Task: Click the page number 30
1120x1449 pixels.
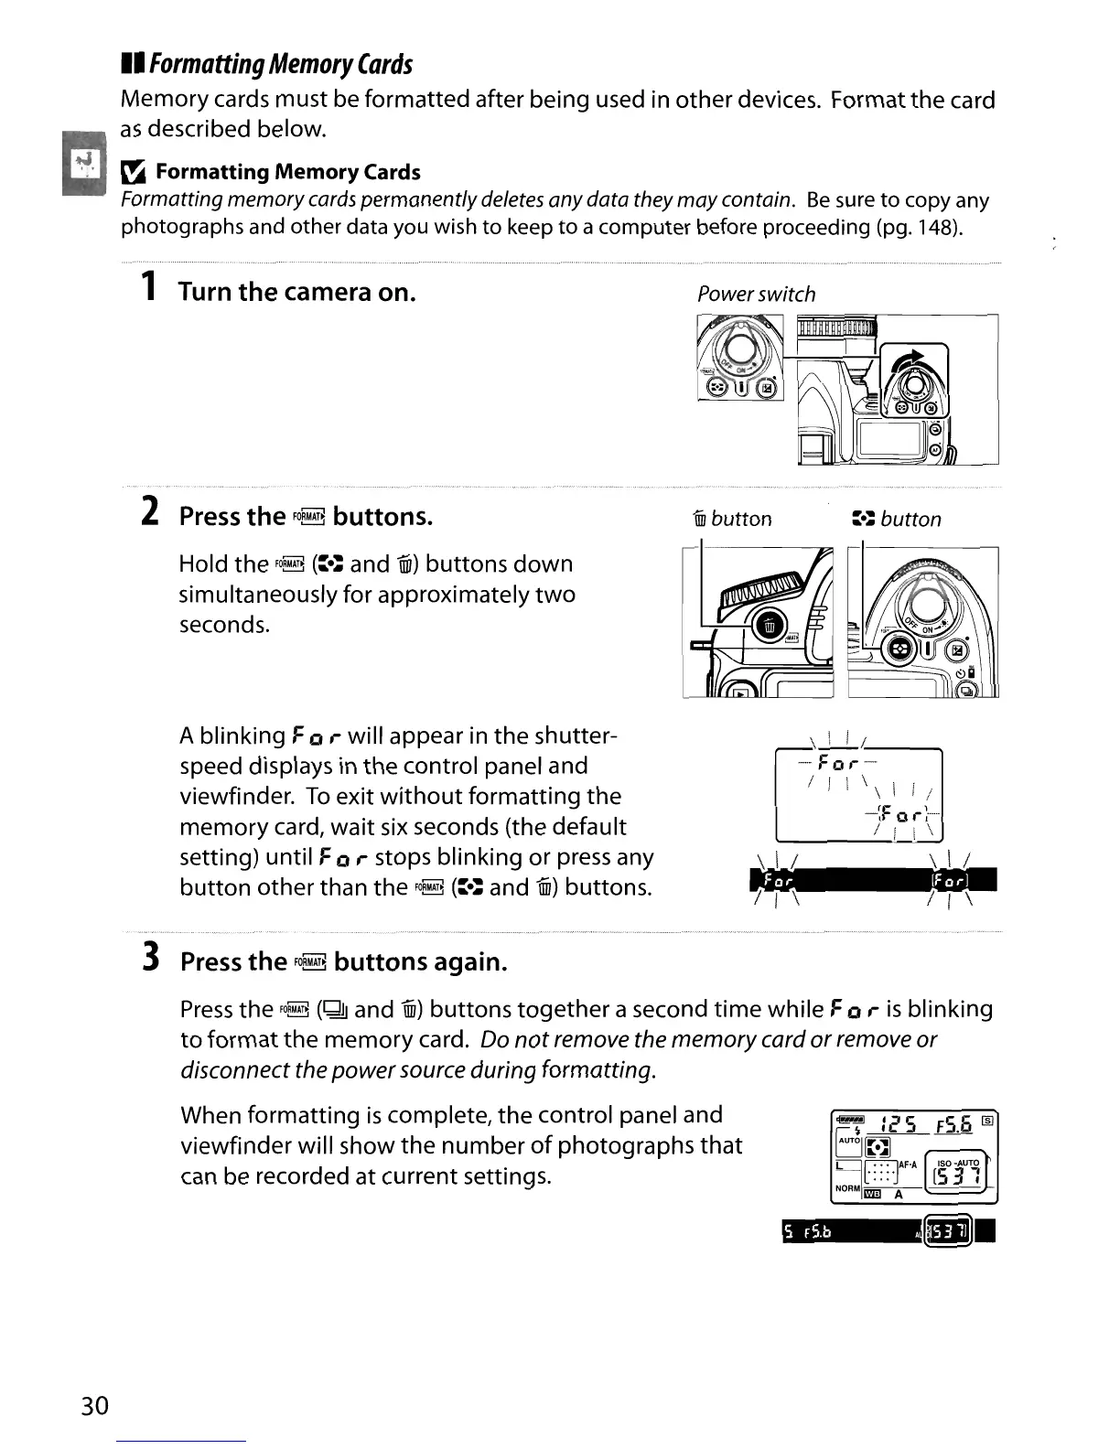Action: [x=94, y=1404]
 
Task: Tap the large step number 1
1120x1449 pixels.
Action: [x=146, y=289]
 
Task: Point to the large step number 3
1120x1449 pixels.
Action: [x=150, y=959]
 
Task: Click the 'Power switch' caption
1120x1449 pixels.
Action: [x=756, y=295]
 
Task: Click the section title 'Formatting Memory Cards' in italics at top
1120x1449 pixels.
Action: [x=280, y=64]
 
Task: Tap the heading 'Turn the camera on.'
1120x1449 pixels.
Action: [x=297, y=292]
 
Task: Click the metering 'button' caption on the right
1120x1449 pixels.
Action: [x=910, y=520]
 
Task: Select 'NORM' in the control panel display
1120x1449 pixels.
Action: [x=847, y=1188]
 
